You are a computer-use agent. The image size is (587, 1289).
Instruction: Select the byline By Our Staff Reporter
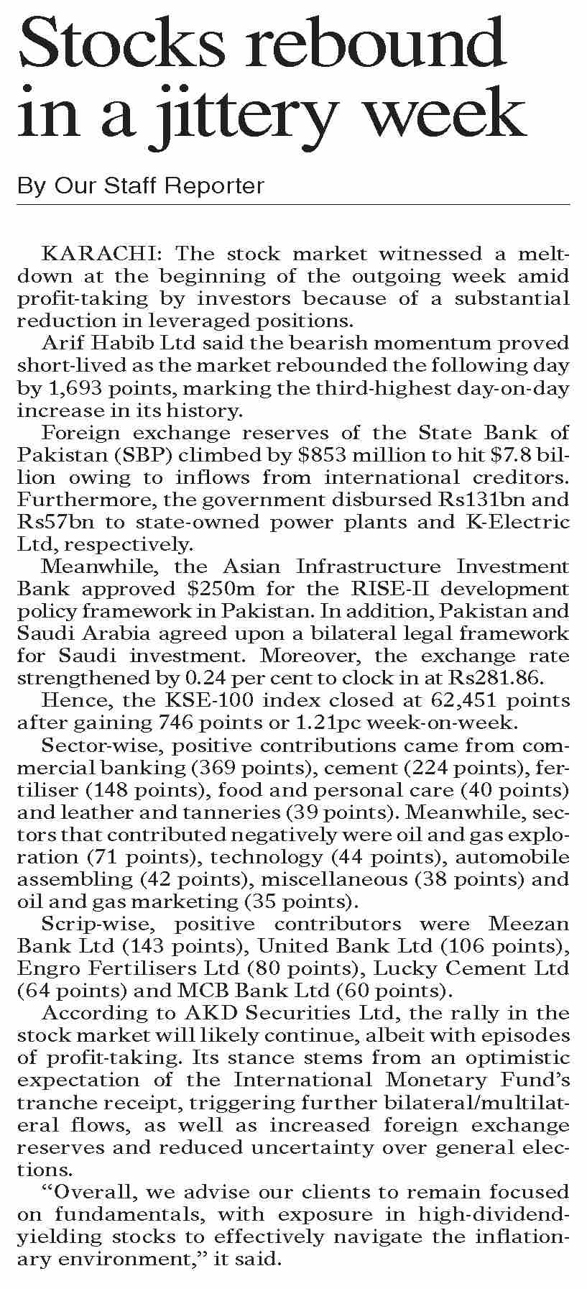point(141,186)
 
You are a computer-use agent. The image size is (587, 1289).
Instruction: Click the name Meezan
point(528,925)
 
